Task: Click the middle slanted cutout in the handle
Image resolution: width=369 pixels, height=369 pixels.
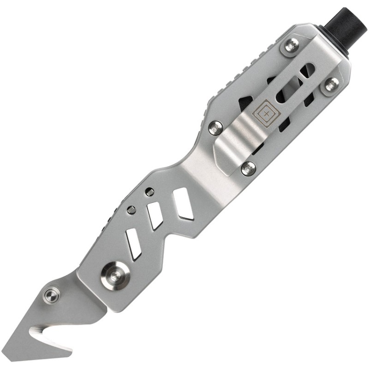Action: coord(155,215)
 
